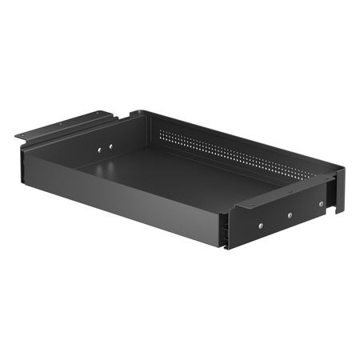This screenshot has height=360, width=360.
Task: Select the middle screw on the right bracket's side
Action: click(x=290, y=214)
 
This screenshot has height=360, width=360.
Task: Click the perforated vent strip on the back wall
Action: click(x=240, y=152)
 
